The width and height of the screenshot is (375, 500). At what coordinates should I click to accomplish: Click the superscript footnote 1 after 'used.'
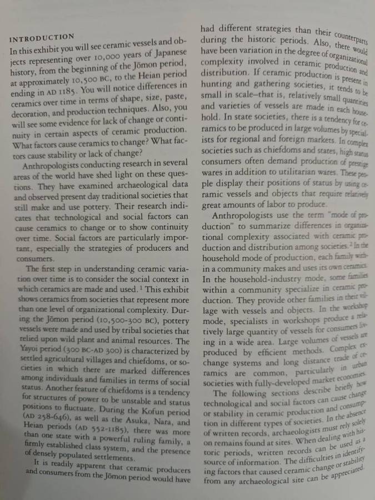(141, 288)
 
